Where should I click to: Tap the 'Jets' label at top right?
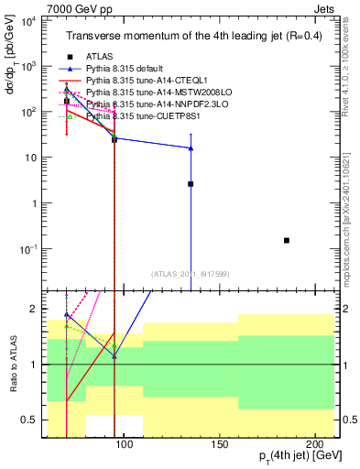tap(327, 7)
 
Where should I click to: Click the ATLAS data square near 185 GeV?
tap(287, 240)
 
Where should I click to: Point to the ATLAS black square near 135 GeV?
tap(191, 184)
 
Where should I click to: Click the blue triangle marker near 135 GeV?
tap(191, 147)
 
